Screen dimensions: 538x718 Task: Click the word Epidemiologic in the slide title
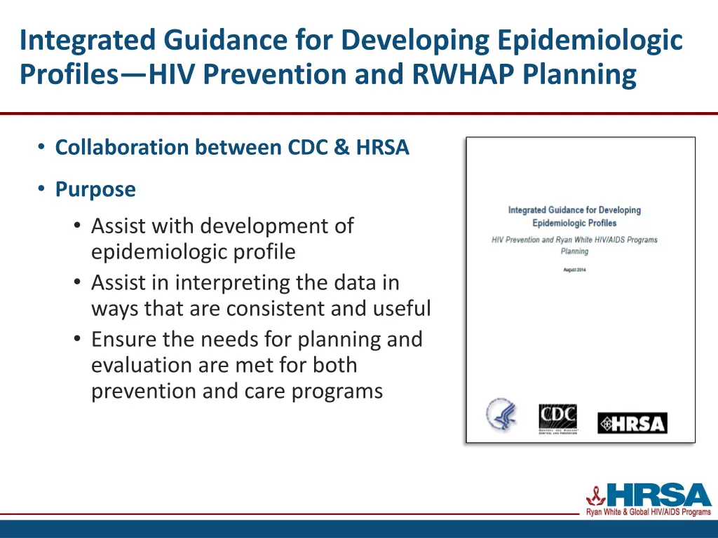coord(589,40)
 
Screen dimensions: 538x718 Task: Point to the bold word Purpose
coord(95,189)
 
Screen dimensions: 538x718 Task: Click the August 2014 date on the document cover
coord(574,270)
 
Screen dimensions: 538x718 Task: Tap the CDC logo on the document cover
coord(557,419)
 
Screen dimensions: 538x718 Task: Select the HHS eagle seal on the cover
coord(501,415)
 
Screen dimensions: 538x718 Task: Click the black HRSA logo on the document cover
coord(632,423)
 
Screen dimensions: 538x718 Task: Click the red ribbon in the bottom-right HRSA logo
coord(596,495)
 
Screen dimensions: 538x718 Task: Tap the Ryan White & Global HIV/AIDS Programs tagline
coord(648,513)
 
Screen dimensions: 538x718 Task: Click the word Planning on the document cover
coord(574,251)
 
